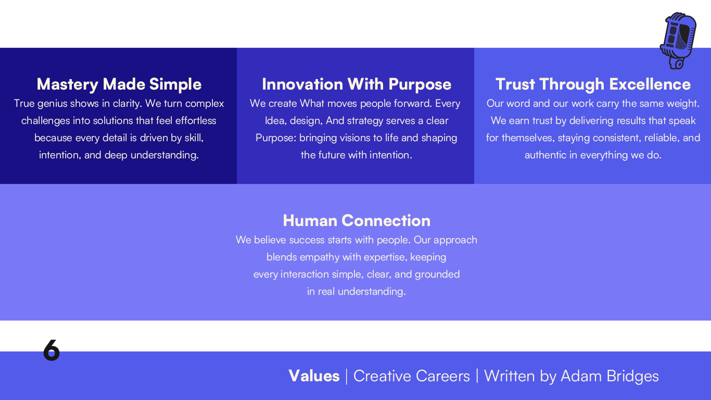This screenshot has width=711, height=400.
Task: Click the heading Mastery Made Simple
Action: tap(119, 84)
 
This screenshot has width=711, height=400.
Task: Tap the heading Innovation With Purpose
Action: tap(357, 84)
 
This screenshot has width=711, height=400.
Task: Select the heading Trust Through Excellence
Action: tap(593, 84)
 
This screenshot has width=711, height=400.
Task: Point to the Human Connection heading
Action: tap(357, 221)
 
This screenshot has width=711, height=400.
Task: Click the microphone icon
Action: tap(678, 41)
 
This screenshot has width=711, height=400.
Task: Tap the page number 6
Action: tap(52, 351)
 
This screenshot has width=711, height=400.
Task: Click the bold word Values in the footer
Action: tap(314, 376)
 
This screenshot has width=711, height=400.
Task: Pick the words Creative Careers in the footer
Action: tap(411, 376)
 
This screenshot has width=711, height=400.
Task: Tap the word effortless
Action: tap(196, 121)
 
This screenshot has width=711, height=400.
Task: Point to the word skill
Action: tap(193, 138)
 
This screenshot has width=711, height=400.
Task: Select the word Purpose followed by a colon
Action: tap(276, 138)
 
